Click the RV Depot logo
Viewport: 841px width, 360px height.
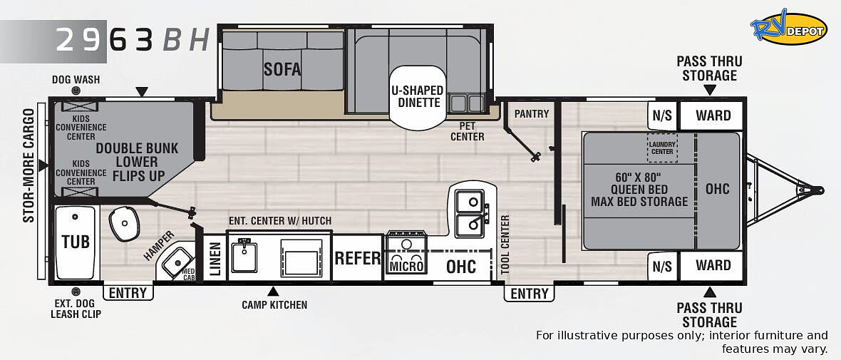[788, 27]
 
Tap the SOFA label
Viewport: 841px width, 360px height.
[282, 68]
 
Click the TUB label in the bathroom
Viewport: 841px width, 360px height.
[76, 242]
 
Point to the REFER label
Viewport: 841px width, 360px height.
[358, 258]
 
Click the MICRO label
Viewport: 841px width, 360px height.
[406, 266]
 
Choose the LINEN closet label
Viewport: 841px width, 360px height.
[215, 259]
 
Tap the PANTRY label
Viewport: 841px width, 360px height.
[532, 114]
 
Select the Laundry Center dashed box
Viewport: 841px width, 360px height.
[662, 148]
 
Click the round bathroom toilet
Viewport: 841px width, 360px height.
[124, 225]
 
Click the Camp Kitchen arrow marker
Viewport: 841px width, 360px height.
[273, 292]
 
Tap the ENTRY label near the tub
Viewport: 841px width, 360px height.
[128, 293]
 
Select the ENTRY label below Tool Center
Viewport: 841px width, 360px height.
[530, 294]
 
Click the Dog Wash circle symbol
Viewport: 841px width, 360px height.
[76, 91]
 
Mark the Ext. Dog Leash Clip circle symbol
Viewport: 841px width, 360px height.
[76, 292]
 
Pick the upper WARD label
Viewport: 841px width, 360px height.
[713, 115]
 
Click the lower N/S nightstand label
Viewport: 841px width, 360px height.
[662, 266]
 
